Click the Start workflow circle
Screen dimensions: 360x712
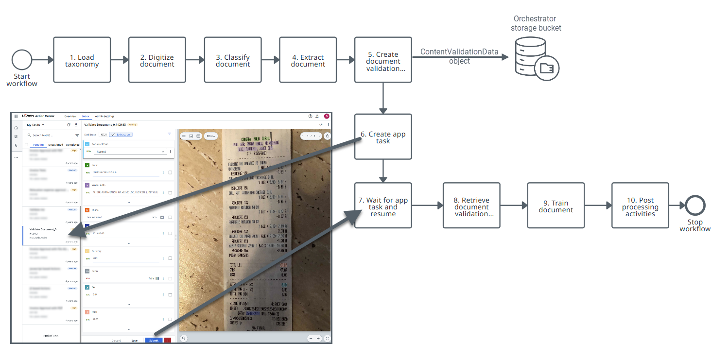[x=22, y=60]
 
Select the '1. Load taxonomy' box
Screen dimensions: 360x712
[x=82, y=60]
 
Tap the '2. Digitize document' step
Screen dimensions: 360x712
[x=157, y=60]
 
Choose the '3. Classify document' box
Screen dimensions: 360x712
[x=233, y=60]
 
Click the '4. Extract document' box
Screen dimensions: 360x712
[x=308, y=60]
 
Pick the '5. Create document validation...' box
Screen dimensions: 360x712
[x=383, y=60]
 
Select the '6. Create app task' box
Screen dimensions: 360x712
[x=383, y=137]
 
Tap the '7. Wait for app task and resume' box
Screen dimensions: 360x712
[x=383, y=206]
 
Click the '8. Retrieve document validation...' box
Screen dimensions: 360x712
[x=471, y=206]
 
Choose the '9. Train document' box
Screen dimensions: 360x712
[x=556, y=206]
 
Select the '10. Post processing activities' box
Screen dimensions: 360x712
[x=640, y=206]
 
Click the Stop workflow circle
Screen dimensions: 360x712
[x=695, y=206]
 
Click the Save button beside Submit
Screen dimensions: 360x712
[x=134, y=341]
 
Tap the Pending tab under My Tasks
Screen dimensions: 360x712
[x=38, y=145]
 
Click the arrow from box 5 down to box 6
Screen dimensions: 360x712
[x=383, y=98]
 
